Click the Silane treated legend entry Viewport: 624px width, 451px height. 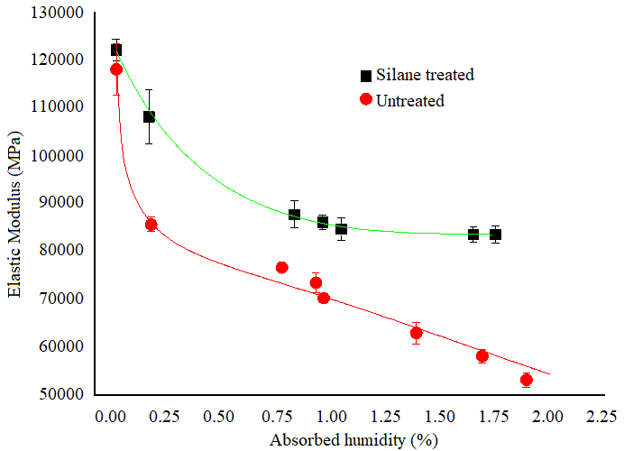click(417, 75)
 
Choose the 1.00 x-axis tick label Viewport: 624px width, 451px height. click(332, 417)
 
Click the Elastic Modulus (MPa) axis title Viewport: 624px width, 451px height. click(15, 203)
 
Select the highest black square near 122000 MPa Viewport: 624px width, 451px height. click(116, 50)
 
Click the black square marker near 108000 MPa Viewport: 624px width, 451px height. click(150, 116)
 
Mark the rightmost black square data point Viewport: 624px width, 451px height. click(495, 235)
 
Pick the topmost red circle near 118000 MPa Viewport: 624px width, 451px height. click(116, 69)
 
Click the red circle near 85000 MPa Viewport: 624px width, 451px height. click(151, 225)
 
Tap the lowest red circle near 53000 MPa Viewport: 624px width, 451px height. click(527, 380)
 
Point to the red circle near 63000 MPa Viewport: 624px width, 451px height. click(417, 333)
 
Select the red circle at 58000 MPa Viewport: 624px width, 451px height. click(482, 356)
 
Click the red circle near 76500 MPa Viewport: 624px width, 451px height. click(282, 267)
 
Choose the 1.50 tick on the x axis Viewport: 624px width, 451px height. click(441, 417)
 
